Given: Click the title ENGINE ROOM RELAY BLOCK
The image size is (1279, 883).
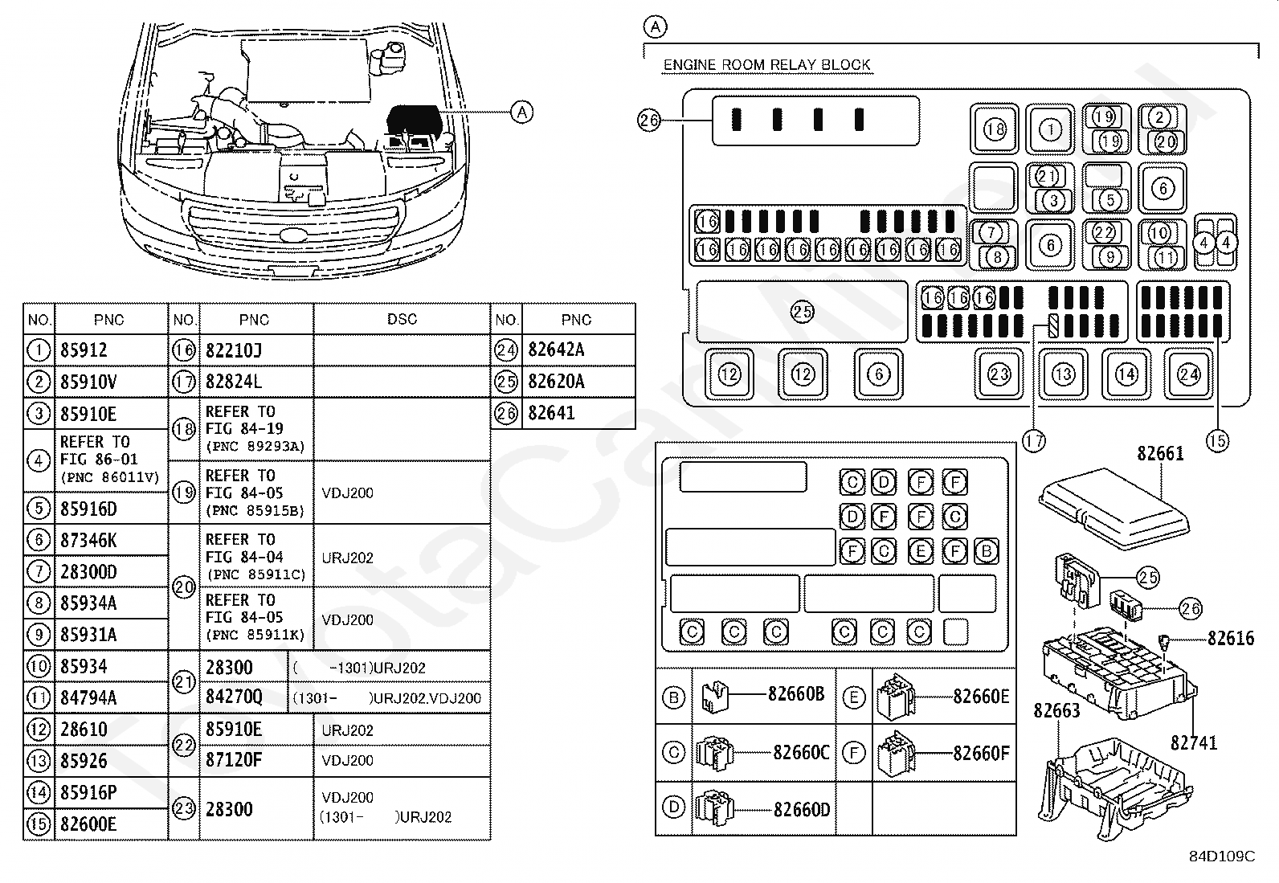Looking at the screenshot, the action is tap(766, 64).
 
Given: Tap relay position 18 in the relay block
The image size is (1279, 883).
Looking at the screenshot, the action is tap(994, 129).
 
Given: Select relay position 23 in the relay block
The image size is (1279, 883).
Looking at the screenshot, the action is tap(999, 374).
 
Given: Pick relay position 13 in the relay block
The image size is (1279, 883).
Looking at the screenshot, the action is tap(1063, 374).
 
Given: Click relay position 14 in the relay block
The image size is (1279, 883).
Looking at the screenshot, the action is tap(1126, 374).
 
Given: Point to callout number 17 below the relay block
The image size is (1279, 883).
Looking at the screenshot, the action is tap(1033, 441).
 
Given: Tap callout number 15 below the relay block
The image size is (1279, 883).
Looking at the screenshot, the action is tap(1217, 441).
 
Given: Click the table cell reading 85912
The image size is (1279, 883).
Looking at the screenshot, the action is tap(84, 350).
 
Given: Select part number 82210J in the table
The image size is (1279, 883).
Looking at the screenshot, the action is tap(234, 350).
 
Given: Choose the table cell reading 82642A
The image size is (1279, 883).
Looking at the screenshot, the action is tap(556, 350).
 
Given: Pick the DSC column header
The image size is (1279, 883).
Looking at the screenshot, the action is tap(402, 319).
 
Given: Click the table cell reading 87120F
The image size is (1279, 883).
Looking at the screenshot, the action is tap(234, 759).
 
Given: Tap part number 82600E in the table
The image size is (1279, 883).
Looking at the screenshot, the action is tap(88, 824).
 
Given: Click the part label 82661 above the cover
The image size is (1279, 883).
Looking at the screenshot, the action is tap(1160, 453).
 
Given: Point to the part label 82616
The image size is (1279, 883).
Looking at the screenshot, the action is tap(1231, 638).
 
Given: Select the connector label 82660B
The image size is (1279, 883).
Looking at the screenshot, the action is tap(796, 693).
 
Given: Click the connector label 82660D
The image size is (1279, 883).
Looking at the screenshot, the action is tap(802, 809).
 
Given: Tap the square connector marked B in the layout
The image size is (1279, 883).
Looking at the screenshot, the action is tap(986, 551).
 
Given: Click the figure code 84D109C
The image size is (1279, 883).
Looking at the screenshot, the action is tap(1223, 856).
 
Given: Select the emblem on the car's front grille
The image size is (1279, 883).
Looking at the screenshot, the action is tap(293, 235).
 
